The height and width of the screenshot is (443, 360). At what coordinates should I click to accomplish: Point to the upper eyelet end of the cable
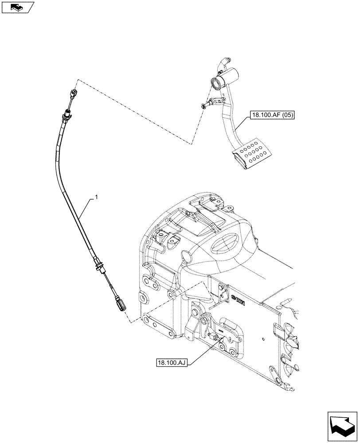pos(74,93)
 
